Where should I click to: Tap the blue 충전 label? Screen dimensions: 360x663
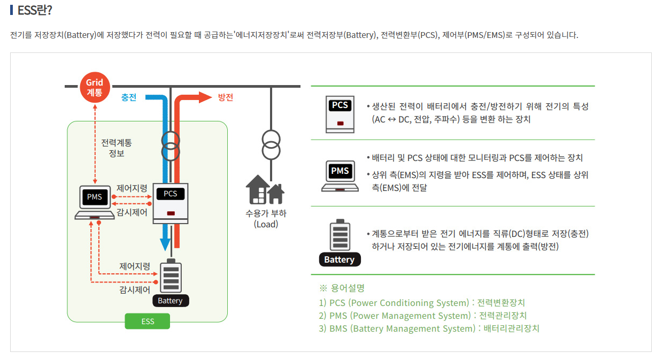[129, 97]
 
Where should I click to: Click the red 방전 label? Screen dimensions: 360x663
[225, 97]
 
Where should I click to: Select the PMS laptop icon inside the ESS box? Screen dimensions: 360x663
[95, 202]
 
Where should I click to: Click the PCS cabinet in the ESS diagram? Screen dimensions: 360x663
[171, 203]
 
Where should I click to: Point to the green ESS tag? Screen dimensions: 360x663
[148, 321]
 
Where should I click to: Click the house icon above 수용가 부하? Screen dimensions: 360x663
[265, 189]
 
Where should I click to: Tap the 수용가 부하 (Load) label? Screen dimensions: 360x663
[266, 219]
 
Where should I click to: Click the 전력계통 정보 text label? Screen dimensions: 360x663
[117, 148]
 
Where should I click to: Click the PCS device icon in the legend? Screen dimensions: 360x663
[340, 113]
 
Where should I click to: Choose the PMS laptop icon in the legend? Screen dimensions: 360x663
[340, 175]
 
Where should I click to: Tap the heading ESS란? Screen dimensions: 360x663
[34, 10]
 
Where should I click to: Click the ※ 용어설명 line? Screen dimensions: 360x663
[342, 288]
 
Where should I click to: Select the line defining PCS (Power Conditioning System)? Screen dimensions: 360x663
[422, 303]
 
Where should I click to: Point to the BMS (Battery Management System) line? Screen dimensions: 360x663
[429, 328]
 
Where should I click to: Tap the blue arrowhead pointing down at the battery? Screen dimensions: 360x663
[165, 244]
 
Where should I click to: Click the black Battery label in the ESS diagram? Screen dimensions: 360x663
[170, 301]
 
